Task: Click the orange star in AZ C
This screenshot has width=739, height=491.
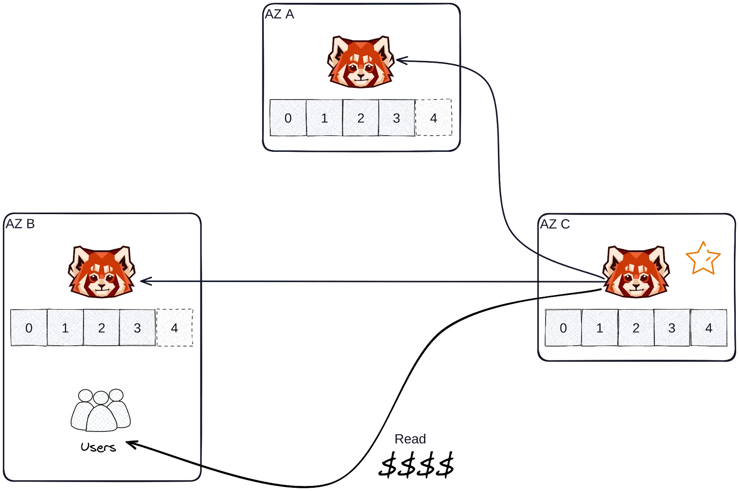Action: pyautogui.click(x=703, y=258)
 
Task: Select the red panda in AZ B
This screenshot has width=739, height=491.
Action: pyautogui.click(x=102, y=272)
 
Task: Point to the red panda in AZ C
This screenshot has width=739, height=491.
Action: pyautogui.click(x=636, y=272)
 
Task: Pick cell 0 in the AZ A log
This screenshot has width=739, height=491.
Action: pyautogui.click(x=288, y=118)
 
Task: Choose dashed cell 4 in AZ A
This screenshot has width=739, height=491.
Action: pyautogui.click(x=433, y=118)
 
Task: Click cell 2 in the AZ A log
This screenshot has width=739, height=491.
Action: pyautogui.click(x=361, y=118)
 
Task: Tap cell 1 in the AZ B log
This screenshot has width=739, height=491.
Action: pyautogui.click(x=65, y=328)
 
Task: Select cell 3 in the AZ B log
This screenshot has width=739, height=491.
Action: pyautogui.click(x=138, y=328)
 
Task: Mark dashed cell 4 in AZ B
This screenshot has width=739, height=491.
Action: pyautogui.click(x=175, y=328)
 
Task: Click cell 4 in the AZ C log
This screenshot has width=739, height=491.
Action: pyautogui.click(x=709, y=328)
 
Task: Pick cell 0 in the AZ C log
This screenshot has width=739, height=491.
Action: pyautogui.click(x=563, y=328)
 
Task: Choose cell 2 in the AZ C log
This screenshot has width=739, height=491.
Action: pyautogui.click(x=636, y=328)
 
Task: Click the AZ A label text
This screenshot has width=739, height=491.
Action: pyautogui.click(x=279, y=13)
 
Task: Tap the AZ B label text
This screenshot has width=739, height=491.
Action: pyautogui.click(x=20, y=224)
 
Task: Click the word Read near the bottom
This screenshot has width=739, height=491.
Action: pyautogui.click(x=412, y=440)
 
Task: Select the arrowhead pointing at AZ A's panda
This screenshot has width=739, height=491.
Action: pyautogui.click(x=402, y=60)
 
